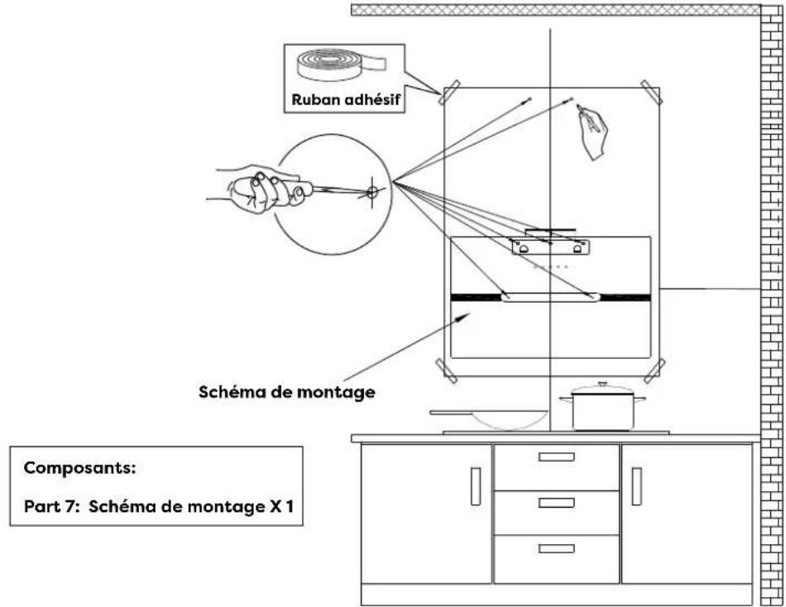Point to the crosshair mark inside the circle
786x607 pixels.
371,192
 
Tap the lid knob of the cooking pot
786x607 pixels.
602,385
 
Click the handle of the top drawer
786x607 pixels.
556,456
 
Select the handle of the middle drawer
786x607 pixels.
556,503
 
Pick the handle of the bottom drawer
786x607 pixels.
556,547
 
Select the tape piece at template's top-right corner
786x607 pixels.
652,93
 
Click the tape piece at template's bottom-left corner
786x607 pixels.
446,370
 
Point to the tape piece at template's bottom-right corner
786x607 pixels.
654,370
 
